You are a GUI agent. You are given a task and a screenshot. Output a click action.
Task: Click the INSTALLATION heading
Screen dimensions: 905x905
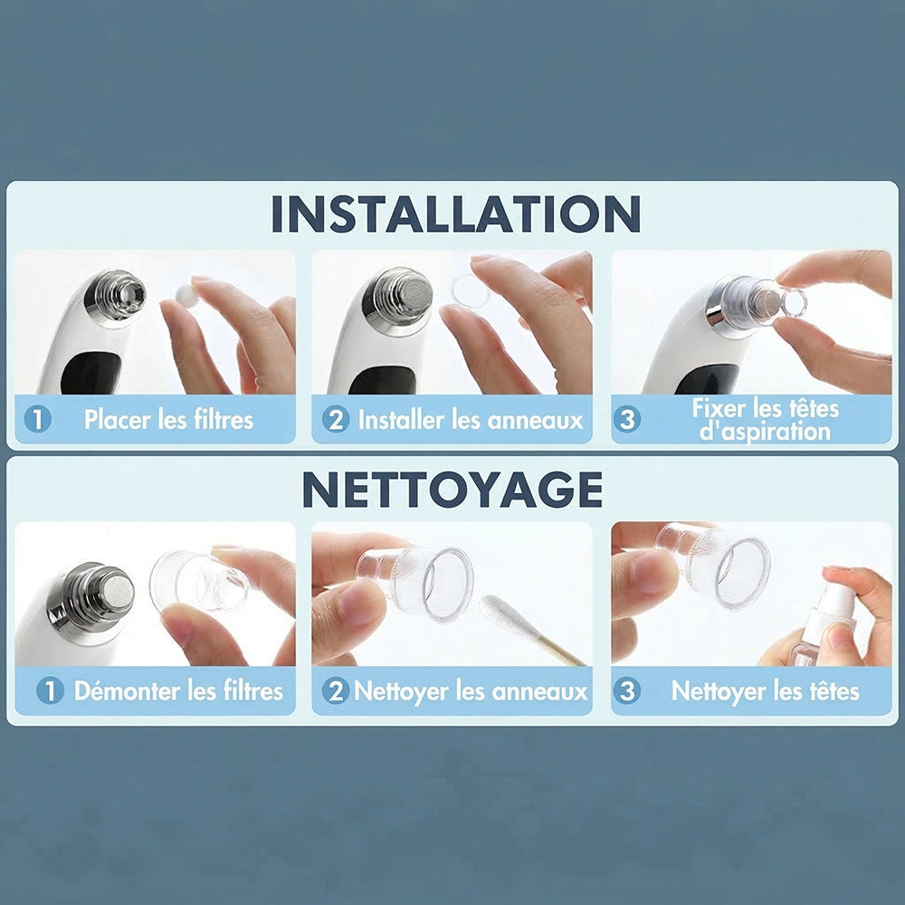[x=455, y=214]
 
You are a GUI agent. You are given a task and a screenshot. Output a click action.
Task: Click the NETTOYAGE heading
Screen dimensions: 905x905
[x=452, y=490]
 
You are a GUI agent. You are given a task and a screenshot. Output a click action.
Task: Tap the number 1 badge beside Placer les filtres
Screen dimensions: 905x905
[x=38, y=420]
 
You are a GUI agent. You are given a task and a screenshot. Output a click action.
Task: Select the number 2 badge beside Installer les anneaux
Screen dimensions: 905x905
[x=336, y=420]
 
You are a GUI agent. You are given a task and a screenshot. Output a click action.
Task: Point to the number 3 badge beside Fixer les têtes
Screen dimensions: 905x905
[x=627, y=420]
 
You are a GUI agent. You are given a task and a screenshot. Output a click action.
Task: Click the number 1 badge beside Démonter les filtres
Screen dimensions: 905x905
[x=50, y=691]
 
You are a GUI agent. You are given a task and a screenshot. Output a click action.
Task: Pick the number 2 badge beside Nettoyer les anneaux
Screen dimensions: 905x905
[x=336, y=691]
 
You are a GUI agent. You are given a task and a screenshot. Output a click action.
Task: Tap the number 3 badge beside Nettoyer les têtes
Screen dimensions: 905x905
[x=627, y=691]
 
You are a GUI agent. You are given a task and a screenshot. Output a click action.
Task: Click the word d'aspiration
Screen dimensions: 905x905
[x=765, y=432]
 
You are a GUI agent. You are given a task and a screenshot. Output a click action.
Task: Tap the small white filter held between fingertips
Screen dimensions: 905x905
[x=186, y=296]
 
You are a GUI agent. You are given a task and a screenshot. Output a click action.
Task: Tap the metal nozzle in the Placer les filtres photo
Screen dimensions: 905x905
[x=116, y=295]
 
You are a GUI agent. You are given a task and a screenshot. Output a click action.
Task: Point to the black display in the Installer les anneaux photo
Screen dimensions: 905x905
[x=382, y=381]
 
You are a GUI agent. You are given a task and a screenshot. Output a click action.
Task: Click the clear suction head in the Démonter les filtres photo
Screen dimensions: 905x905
[x=199, y=581]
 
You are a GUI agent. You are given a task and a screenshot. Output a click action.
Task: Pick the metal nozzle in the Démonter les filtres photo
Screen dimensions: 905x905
[x=91, y=600]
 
